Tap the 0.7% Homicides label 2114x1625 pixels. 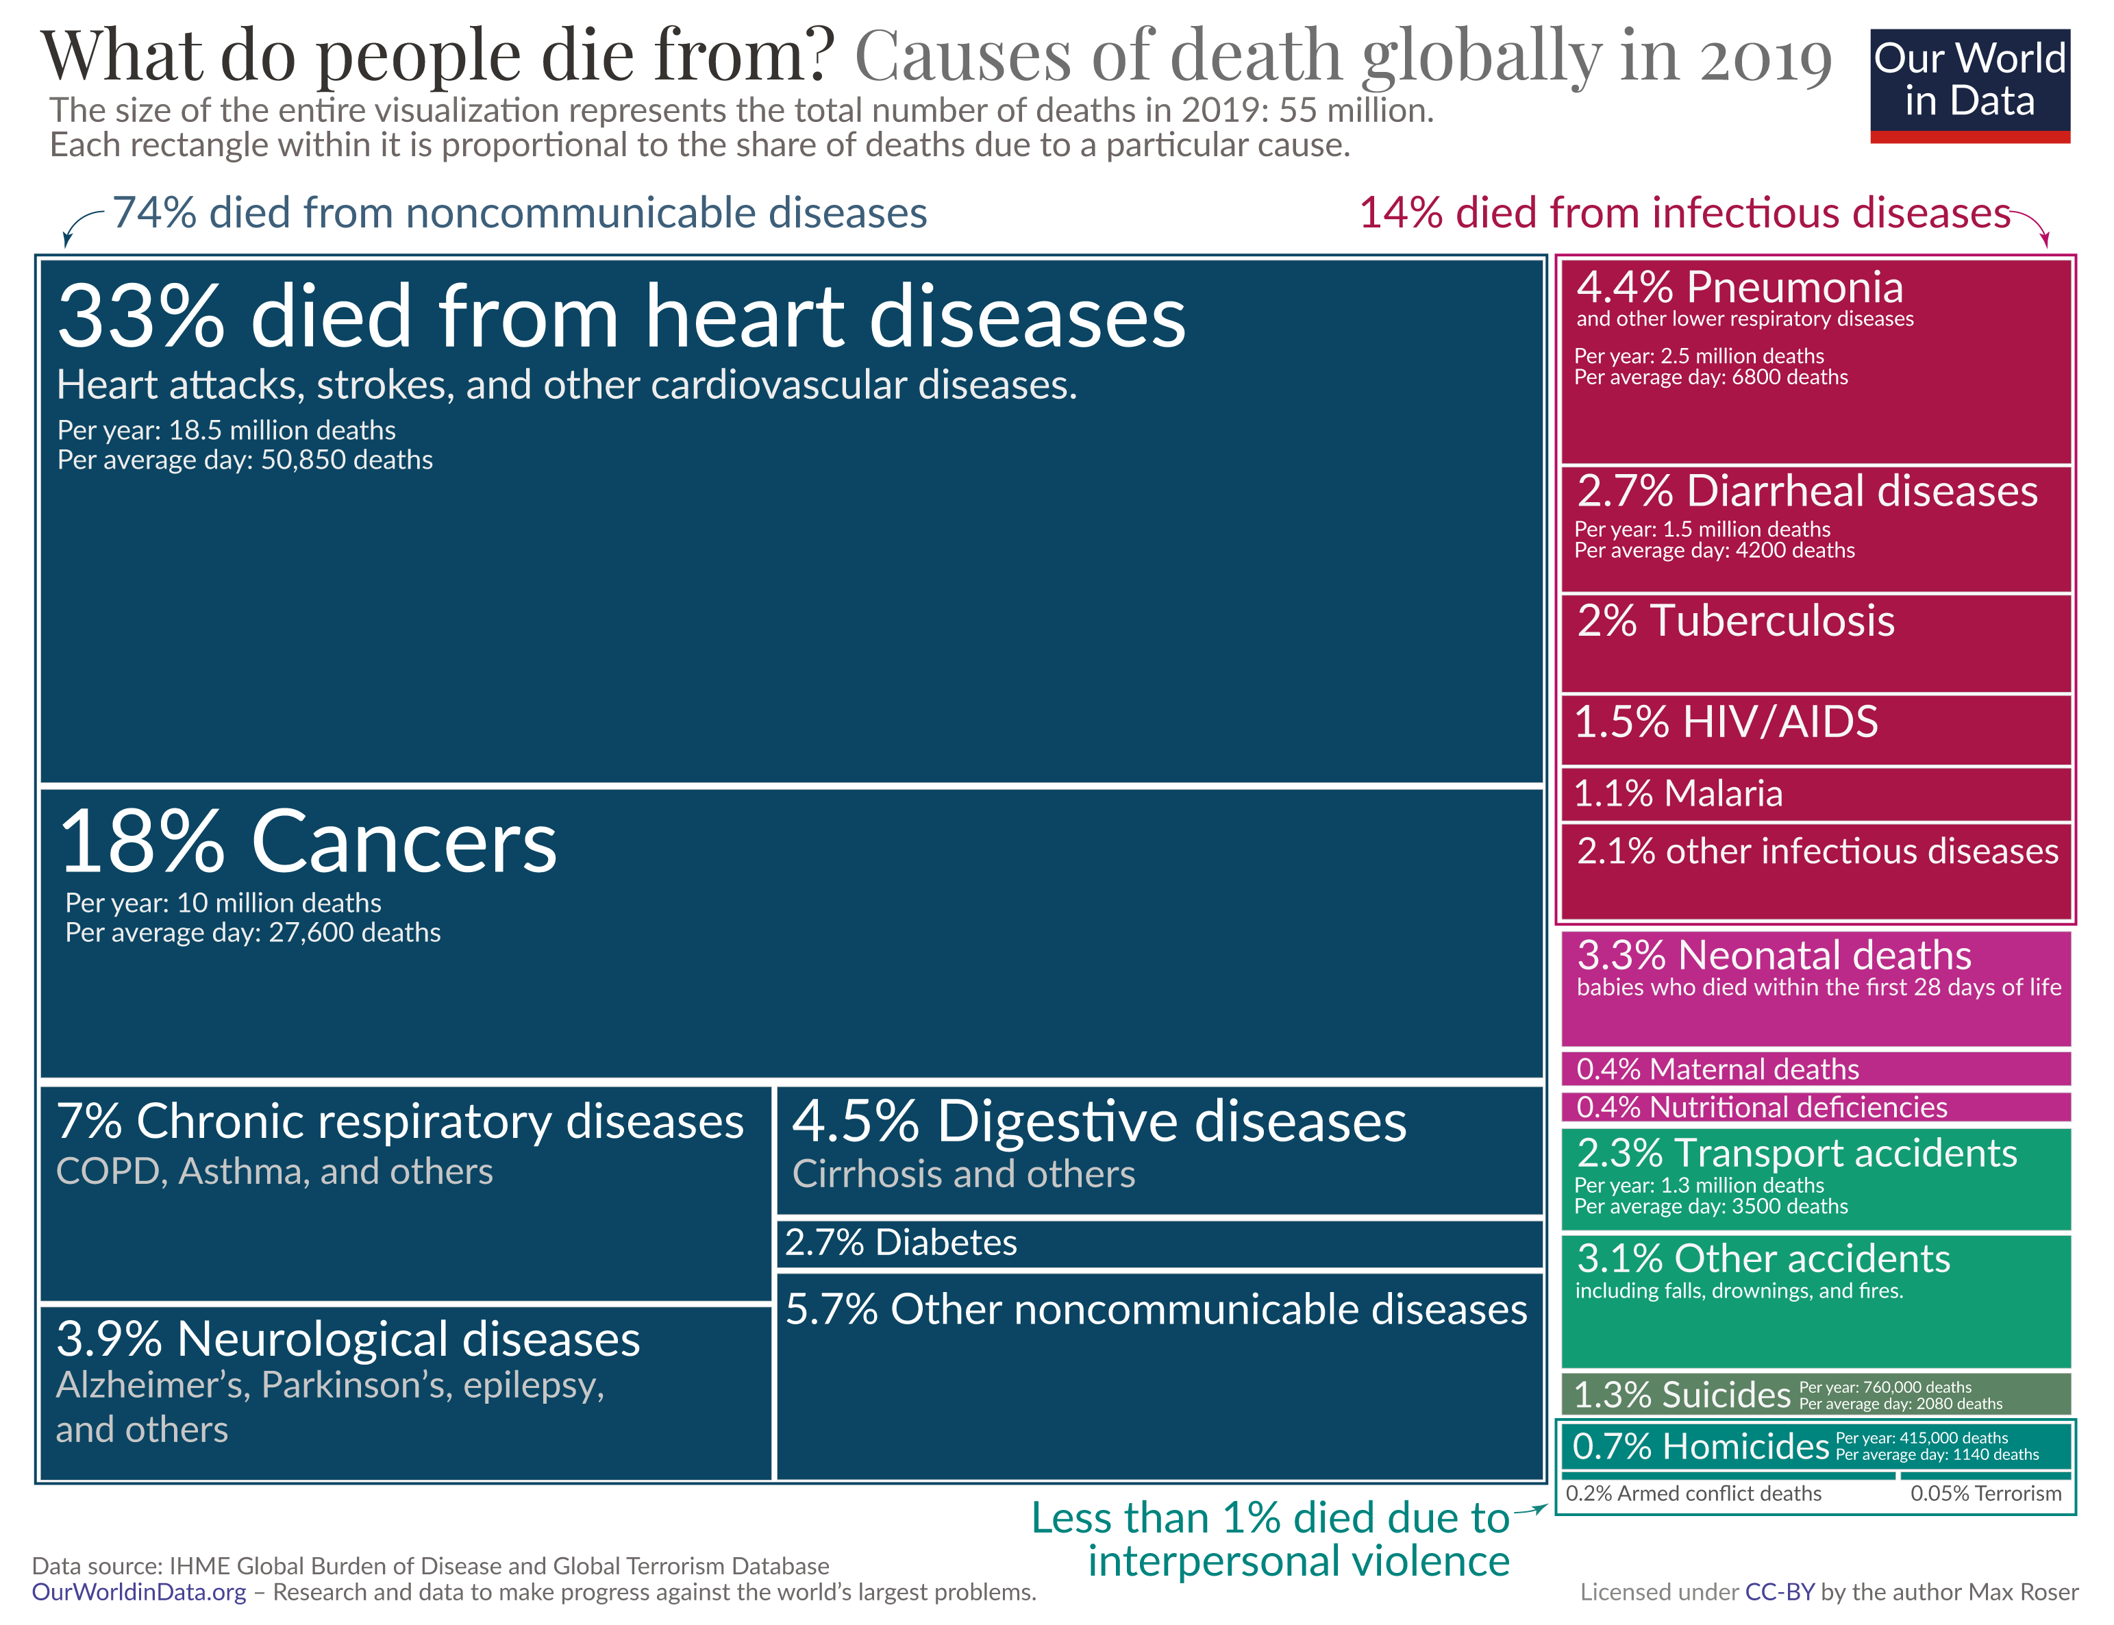coord(1699,1446)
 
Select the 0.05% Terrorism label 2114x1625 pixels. coord(1985,1493)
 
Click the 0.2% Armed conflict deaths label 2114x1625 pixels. coord(1692,1493)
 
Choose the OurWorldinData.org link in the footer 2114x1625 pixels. coord(138,1591)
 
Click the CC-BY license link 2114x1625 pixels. coord(1778,1591)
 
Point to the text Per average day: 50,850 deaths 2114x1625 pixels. coord(245,460)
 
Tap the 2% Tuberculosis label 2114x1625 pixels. coord(1735,621)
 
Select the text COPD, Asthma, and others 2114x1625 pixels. coord(274,1171)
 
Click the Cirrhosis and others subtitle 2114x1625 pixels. coord(963,1174)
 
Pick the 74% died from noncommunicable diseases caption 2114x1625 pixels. coord(519,213)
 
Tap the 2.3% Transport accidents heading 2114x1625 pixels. coord(1796,1153)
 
